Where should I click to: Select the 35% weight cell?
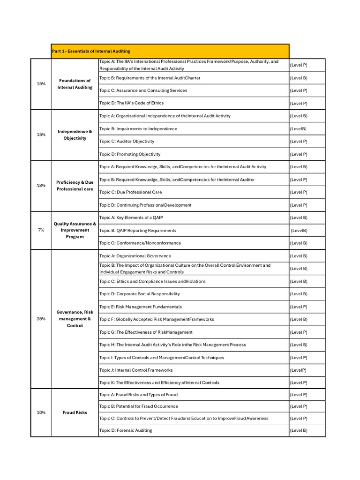[41, 319]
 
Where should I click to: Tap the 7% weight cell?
[41, 230]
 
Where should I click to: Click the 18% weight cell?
[41, 186]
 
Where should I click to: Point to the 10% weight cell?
[41, 412]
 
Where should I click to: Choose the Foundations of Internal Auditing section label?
[75, 84]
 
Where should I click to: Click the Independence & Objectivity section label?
[75, 135]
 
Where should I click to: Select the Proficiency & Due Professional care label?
[75, 186]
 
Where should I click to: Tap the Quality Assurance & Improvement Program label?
[75, 230]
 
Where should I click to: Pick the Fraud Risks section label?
[75, 412]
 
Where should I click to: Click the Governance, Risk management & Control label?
[75, 319]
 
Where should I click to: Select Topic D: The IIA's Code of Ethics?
[132, 103]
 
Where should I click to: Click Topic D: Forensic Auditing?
[126, 430]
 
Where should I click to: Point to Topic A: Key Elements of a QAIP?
[131, 217]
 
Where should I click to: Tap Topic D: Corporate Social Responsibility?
[139, 294]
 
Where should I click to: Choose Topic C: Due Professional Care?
[130, 192]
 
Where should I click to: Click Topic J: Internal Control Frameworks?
[136, 370]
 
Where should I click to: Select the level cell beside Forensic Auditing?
[299, 430]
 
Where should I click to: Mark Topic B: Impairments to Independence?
[138, 129]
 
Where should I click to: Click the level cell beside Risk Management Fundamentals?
[299, 307]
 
